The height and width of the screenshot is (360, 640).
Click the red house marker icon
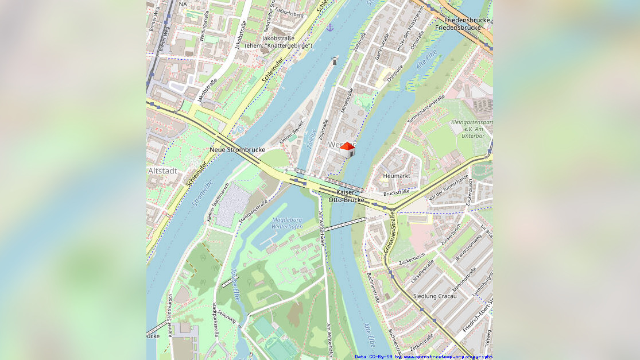[347, 149]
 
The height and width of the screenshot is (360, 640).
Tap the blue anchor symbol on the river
[329, 27]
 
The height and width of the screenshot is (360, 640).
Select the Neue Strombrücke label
[237, 149]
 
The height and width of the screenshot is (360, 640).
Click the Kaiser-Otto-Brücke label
[346, 196]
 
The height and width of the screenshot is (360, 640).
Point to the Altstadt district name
[162, 171]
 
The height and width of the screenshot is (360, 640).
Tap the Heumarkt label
[397, 175]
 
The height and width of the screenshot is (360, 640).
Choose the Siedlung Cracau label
[435, 296]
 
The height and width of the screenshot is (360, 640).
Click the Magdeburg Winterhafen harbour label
[287, 223]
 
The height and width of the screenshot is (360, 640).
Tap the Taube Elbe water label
[234, 285]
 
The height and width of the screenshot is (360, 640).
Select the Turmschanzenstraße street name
[426, 109]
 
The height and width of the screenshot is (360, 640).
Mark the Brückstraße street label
[396, 193]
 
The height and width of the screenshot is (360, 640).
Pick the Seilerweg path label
[227, 318]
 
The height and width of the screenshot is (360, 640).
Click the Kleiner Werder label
[290, 134]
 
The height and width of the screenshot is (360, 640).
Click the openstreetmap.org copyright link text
[448, 357]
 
